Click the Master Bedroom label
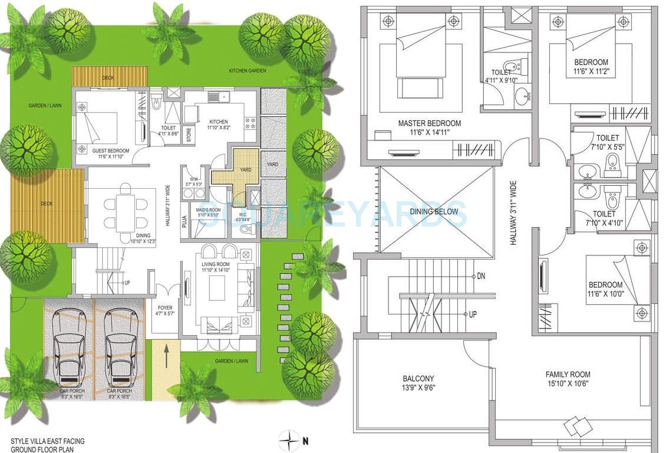pos(429,123)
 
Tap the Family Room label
pos(568,375)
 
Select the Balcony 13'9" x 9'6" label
pos(418,379)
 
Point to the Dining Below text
pos(437,211)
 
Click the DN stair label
pos(481,276)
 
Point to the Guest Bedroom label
pos(107,151)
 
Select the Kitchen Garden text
pos(248,71)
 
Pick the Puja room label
pos(184,221)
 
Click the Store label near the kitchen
pos(189,134)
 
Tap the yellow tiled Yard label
pos(245,170)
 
